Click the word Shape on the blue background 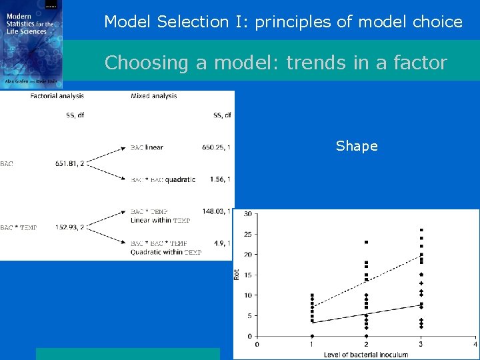coord(357,146)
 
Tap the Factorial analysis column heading coord(57,96)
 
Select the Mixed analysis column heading coord(154,96)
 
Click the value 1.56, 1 coord(219,179)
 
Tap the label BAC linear coord(147,147)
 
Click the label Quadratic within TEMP coord(166,252)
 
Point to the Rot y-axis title coord(236,274)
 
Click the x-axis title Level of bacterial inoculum coord(366,355)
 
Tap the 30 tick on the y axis coord(247,214)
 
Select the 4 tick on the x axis coord(475,345)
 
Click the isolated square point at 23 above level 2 coord(366,242)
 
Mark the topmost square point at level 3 coord(421,230)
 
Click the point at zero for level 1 coord(312,336)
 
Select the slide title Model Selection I coord(283,21)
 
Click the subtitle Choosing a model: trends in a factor coord(275,62)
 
